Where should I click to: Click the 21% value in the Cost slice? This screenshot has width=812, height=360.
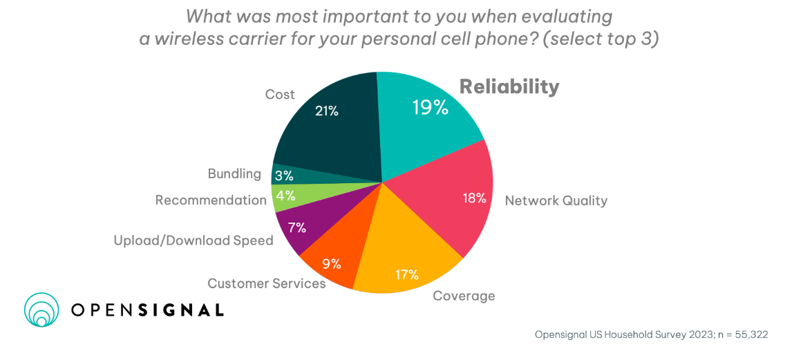327,110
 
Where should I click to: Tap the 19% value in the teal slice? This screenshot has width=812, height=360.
430,108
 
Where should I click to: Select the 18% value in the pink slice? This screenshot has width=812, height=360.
474,198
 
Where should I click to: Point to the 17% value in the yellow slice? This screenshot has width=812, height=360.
407,274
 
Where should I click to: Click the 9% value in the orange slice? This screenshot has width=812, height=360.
332,263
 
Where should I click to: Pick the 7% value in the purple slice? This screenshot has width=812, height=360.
296,228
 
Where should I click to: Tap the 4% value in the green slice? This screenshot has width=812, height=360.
285,196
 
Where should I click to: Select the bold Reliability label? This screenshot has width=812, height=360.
509,86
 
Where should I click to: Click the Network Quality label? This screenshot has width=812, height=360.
556,201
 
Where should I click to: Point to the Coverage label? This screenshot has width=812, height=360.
464,296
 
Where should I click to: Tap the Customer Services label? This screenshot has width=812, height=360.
266,283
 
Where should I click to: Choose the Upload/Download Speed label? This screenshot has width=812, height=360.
193,240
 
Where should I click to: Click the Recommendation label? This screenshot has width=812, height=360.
211,200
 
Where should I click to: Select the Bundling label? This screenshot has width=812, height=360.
234,173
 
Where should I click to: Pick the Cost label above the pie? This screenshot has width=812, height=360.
280,94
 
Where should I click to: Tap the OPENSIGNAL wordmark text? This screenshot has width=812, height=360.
148,310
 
